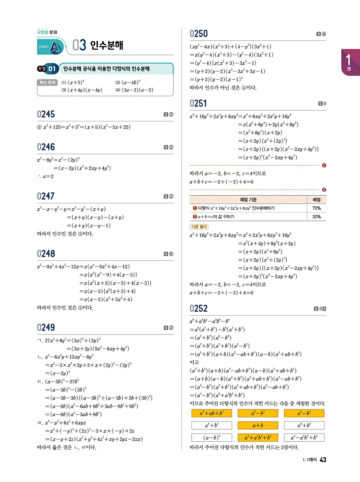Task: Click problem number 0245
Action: point(46,114)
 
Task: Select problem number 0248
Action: point(46,254)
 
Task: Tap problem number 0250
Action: point(199,34)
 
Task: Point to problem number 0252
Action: point(199,309)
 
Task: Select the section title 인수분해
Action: point(107,45)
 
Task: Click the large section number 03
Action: point(79,45)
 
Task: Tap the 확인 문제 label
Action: point(47,82)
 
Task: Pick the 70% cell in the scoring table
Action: point(316,208)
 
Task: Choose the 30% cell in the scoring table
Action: point(316,217)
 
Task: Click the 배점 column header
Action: point(316,200)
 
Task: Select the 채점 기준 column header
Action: point(248,200)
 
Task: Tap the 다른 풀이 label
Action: point(199,227)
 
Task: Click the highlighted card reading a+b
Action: point(258,425)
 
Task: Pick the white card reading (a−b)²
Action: point(212,438)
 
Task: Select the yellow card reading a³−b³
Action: point(258,413)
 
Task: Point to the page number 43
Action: point(323,460)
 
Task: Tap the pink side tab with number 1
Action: point(350,62)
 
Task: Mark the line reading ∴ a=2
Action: point(45,177)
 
